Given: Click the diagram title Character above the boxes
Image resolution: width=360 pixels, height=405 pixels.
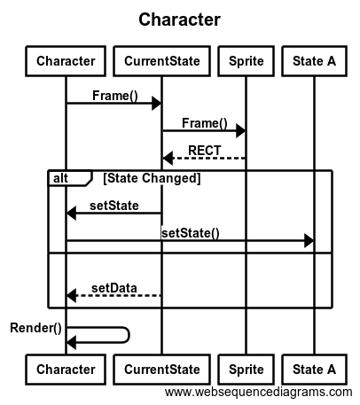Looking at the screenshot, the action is coord(179,19).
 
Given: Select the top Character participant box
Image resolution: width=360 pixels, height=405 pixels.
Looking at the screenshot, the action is coord(66,61).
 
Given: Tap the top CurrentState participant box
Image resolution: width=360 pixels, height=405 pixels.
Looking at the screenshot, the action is coord(161,61).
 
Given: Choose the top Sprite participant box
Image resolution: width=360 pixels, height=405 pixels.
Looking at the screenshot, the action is coord(246,61).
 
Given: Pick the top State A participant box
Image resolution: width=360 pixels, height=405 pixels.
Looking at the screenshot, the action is coord(314,61).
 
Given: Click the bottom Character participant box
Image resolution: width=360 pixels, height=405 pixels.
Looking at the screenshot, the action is coord(66,370).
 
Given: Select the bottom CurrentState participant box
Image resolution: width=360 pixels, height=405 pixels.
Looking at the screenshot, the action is coord(161,370).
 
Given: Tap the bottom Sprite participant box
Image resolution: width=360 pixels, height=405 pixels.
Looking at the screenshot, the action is coord(246,370).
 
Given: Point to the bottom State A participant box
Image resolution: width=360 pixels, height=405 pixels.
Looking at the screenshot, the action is coord(314,370).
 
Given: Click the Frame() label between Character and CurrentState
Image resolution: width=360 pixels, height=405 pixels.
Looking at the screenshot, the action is coord(115,96).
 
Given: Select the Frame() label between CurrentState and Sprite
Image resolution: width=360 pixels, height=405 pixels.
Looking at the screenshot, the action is coord(205,123).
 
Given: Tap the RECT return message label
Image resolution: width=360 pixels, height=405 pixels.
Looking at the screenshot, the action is coord(205,151).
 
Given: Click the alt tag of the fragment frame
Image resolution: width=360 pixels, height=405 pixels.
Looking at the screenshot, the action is coord(60,178).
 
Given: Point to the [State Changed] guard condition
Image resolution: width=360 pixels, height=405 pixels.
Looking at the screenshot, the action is coord(152,178).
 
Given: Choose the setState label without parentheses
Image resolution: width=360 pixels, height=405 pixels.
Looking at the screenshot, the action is coord(114,206).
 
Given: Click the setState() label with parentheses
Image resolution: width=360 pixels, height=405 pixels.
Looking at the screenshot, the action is coord(191,233).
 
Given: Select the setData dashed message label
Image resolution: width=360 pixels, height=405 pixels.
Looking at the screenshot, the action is coord(114,288).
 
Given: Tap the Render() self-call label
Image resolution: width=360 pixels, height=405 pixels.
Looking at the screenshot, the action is coord(35,328).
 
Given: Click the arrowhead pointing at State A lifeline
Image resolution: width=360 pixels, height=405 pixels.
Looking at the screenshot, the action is coord(309,240).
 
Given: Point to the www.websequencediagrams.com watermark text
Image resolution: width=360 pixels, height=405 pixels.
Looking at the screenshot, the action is coord(259,393).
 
